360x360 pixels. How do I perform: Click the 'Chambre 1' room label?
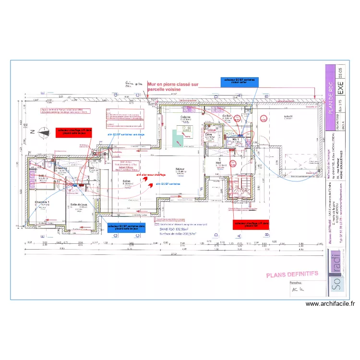pyautogui.click(x=42, y=203)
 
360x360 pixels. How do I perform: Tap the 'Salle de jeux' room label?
pyautogui.click(x=79, y=205)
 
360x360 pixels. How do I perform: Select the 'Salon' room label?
pyautogui.click(x=127, y=181)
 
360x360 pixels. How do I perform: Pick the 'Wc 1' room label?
pyautogui.click(x=236, y=139)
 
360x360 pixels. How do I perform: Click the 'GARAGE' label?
pyautogui.click(x=288, y=117)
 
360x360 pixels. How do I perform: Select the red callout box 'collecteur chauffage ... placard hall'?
pyautogui.click(x=252, y=224)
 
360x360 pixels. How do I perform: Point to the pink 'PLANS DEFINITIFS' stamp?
pyautogui.click(x=292, y=274)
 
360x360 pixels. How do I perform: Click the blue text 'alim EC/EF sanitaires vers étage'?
pyautogui.click(x=125, y=135)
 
